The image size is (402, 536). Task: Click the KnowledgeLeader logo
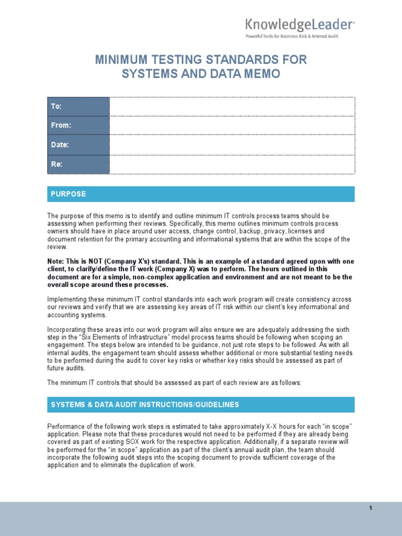point(300,25)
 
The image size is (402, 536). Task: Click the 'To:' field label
point(56,106)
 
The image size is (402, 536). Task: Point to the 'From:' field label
point(61,126)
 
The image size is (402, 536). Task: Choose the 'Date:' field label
point(60,145)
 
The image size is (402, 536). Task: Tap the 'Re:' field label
point(57,164)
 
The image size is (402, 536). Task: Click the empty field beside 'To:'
point(232,106)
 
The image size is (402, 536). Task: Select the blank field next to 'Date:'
point(232,145)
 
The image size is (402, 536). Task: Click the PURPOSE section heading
point(68,194)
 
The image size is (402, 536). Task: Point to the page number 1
point(370,508)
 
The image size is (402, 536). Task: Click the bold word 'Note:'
point(58,261)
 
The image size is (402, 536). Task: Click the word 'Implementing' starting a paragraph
point(69,299)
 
